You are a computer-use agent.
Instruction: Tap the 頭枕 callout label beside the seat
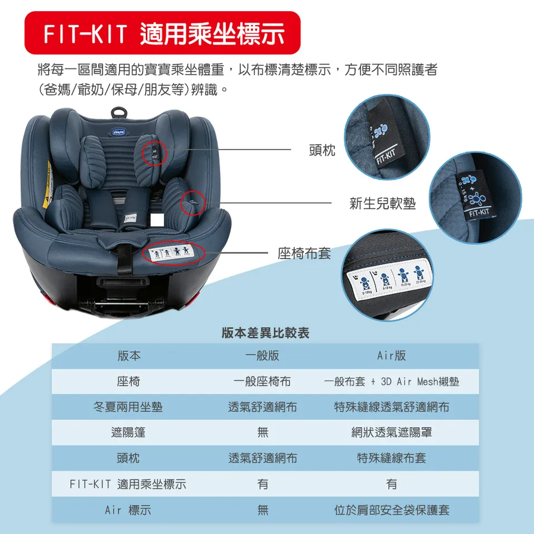click(x=322, y=150)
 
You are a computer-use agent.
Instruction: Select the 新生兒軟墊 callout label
click(x=382, y=204)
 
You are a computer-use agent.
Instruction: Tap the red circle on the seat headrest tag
click(x=155, y=151)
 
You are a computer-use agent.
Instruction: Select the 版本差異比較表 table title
click(x=265, y=333)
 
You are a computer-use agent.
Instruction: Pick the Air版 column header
click(x=392, y=356)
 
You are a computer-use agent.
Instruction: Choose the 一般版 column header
click(x=262, y=356)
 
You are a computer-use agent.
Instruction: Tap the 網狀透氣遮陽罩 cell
click(x=392, y=433)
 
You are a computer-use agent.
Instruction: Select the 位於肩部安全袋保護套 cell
click(x=392, y=510)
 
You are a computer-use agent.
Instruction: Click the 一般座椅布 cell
click(x=262, y=382)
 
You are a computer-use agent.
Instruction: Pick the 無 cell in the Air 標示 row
click(x=262, y=510)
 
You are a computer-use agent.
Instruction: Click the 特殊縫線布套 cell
click(x=392, y=458)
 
